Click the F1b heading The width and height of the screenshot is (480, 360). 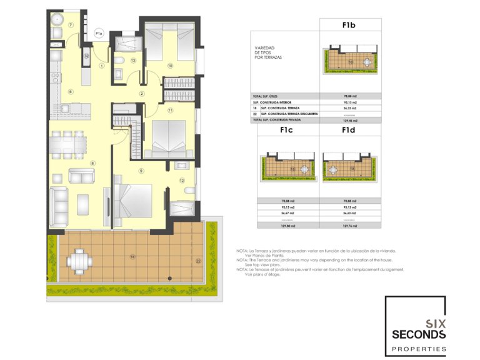[350, 26]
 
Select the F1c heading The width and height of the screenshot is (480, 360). [287, 132]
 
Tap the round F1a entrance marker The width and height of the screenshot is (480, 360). [99, 33]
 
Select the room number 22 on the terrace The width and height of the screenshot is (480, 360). [198, 261]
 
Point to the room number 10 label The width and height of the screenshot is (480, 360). [169, 64]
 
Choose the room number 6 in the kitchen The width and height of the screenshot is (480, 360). [71, 92]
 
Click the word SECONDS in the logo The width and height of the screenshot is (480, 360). [419, 334]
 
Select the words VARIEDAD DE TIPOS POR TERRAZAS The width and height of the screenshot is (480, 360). [267, 52]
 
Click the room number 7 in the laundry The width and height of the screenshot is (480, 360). [71, 25]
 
